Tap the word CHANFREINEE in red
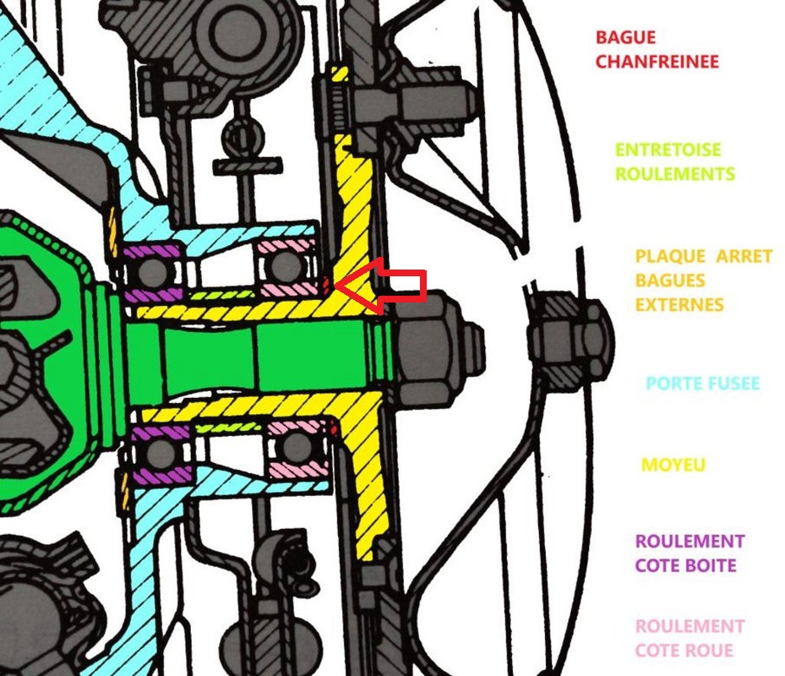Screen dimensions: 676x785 point(657,62)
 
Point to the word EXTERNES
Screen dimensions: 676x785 point(679,303)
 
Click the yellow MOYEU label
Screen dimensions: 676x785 point(673,465)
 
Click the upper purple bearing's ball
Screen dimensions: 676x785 point(152,270)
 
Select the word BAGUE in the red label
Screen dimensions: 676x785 point(625,38)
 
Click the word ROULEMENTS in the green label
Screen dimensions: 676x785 point(674,174)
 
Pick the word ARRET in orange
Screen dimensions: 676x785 point(744,256)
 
